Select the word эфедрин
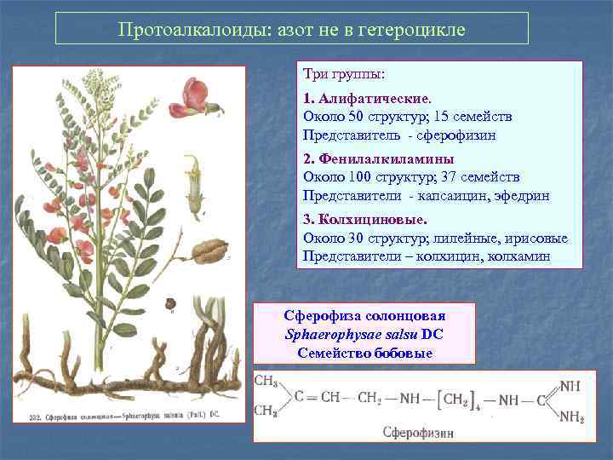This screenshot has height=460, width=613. [x=518, y=196]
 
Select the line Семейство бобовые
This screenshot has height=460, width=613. [x=365, y=353]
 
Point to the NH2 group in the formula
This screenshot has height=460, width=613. [x=570, y=417]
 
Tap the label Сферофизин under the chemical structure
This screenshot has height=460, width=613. [x=418, y=433]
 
